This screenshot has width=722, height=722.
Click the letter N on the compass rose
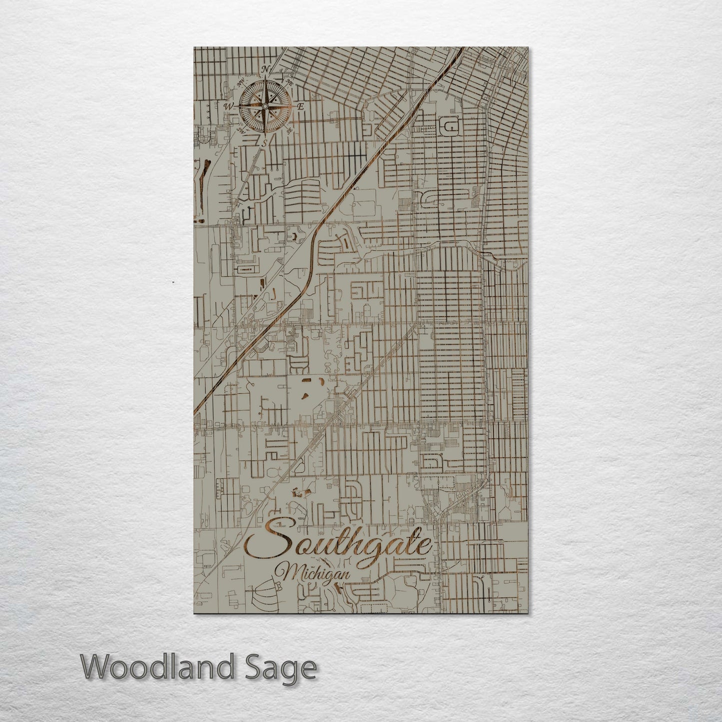click(266, 69)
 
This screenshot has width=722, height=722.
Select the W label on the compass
click(229, 106)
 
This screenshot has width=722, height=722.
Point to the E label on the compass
click(301, 106)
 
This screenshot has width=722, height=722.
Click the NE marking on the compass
click(289, 82)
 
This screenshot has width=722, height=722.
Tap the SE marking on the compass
click(289, 130)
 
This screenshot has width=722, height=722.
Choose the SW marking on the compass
click(242, 130)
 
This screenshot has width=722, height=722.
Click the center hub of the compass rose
click(265, 105)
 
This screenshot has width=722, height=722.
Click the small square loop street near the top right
click(451, 128)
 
